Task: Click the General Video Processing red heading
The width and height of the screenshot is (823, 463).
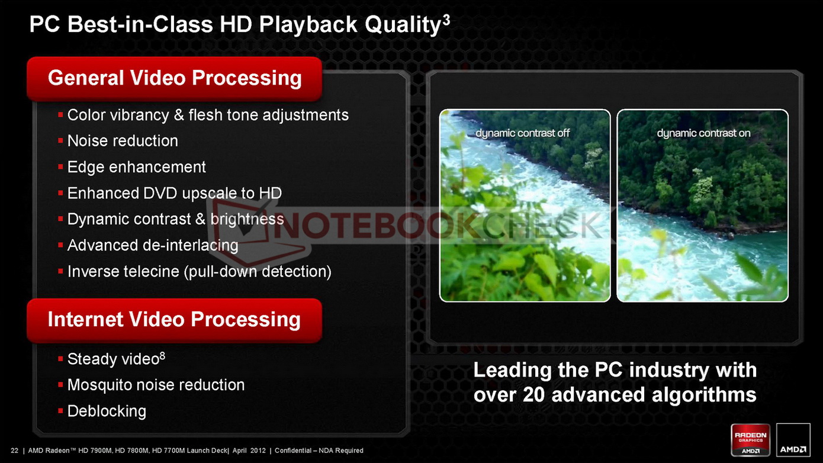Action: click(175, 79)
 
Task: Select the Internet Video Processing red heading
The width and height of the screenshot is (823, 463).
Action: click(175, 320)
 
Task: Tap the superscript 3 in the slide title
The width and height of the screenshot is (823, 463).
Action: click(446, 20)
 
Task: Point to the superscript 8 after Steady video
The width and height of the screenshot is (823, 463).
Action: click(162, 355)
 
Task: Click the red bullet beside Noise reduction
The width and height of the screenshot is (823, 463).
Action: click(60, 141)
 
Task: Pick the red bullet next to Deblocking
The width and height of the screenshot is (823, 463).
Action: click(60, 411)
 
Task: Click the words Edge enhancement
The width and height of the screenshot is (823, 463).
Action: click(136, 167)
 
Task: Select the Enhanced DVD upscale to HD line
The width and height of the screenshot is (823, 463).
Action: click(175, 193)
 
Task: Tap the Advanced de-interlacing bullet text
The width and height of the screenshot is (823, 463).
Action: click(153, 246)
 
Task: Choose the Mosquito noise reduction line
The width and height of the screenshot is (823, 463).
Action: click(156, 385)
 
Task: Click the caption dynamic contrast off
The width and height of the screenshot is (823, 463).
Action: click(522, 133)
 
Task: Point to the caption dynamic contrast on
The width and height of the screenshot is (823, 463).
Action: click(703, 133)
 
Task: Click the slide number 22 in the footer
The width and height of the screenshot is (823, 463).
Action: click(14, 451)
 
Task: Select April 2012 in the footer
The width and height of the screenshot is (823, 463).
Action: click(249, 451)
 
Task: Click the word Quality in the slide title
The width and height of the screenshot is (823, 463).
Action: click(403, 25)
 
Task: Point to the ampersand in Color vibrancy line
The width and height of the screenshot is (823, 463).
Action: click(179, 115)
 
